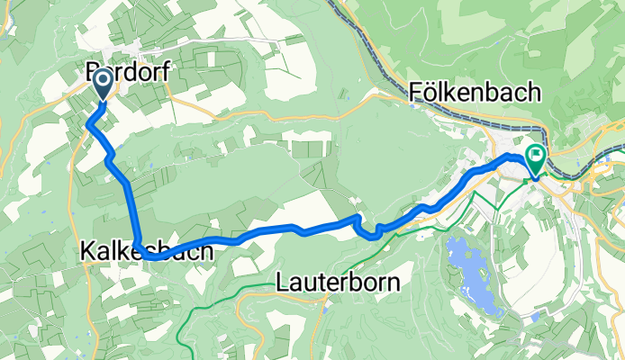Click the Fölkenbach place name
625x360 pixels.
click(474, 92)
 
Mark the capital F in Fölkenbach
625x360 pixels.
click(416, 92)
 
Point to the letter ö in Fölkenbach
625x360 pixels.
click(431, 92)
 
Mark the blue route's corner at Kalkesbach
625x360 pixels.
click(144, 255)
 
